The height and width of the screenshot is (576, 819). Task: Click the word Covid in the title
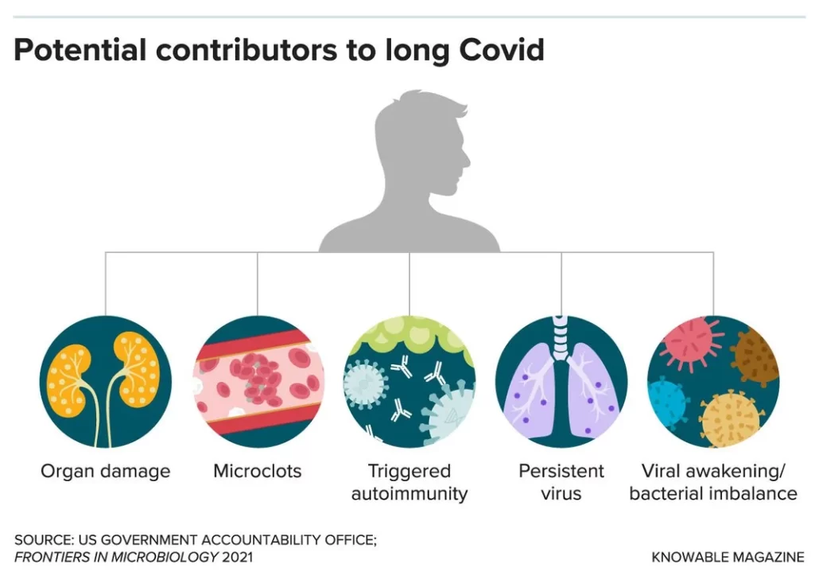tap(502, 50)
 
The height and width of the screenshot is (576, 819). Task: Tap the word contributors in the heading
tap(246, 50)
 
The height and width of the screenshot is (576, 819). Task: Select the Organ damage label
tap(106, 472)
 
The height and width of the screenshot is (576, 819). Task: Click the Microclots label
tap(258, 471)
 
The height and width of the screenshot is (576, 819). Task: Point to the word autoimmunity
tap(409, 494)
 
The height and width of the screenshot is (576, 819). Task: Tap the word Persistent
tap(561, 471)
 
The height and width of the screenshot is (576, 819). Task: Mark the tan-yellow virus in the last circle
tap(731, 418)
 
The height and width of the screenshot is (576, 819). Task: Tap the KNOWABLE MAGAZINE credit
tap(728, 557)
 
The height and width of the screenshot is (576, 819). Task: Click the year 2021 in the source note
tap(237, 557)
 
